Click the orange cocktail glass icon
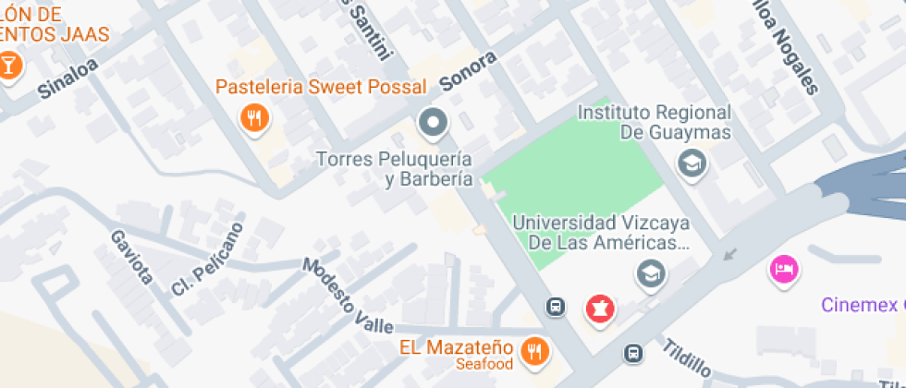pyautogui.click(x=9, y=66)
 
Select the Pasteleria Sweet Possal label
pyautogui.click(x=321, y=88)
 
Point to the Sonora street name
pyautogui.click(x=468, y=71)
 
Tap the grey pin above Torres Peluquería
pyautogui.click(x=433, y=121)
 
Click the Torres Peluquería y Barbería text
pyautogui.click(x=396, y=169)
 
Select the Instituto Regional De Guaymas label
pyautogui.click(x=654, y=122)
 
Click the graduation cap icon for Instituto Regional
pyautogui.click(x=690, y=165)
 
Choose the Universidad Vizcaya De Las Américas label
pyautogui.click(x=602, y=232)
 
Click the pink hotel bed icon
pyautogui.click(x=784, y=270)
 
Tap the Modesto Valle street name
pyautogui.click(x=347, y=296)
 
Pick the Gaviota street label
pyautogui.click(x=129, y=256)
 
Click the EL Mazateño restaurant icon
pyautogui.click(x=534, y=350)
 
